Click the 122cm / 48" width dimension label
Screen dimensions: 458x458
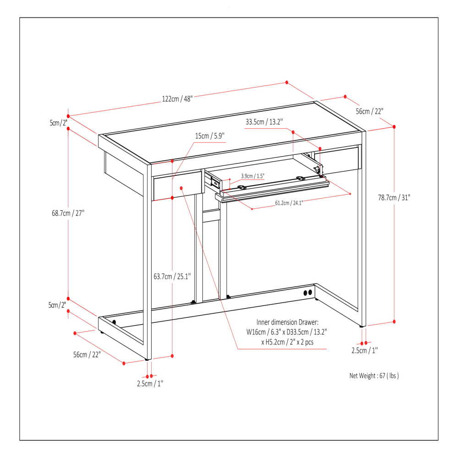(177, 99)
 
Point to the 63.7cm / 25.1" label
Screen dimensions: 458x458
(172, 276)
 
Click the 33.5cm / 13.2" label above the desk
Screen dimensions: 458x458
(264, 122)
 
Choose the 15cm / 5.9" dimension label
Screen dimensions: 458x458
(210, 136)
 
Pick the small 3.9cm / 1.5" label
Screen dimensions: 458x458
(253, 175)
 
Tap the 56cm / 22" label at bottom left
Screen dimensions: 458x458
(87, 354)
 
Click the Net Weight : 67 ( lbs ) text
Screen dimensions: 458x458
(374, 376)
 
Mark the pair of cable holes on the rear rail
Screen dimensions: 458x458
(307, 292)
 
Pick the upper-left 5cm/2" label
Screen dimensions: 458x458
(58, 123)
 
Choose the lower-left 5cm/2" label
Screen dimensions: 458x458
(58, 305)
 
